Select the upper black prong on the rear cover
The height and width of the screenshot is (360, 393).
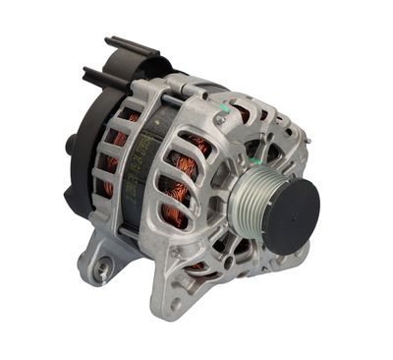pyautogui.click(x=126, y=46)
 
